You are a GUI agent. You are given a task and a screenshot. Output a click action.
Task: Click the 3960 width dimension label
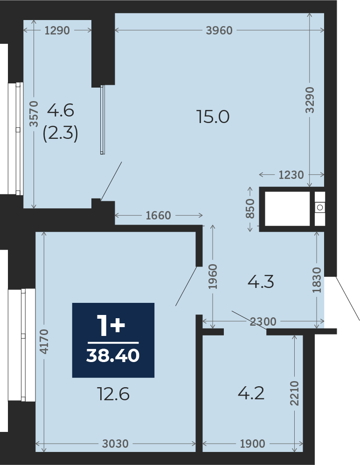[219, 31]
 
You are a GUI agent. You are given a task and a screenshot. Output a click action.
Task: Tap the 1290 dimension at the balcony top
[57, 31]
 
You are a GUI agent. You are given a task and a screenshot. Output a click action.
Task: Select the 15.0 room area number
[213, 117]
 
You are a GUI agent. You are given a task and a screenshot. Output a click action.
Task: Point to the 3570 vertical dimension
[33, 115]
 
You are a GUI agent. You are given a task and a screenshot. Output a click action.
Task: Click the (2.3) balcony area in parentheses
[60, 134]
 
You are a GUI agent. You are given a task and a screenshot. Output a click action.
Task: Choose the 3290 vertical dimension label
[310, 100]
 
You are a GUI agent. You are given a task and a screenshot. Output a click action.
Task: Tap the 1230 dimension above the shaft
[291, 175]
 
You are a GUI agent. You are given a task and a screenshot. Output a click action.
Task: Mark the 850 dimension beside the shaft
[250, 209]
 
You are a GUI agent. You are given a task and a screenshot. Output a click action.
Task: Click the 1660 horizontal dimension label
[159, 215]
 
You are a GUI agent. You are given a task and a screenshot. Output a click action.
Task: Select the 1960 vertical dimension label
[213, 277]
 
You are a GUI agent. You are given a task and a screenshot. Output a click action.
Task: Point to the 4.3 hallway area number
[260, 282]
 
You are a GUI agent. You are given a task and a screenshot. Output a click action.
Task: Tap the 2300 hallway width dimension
[263, 321]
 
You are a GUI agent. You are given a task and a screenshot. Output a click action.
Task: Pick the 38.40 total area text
[113, 356]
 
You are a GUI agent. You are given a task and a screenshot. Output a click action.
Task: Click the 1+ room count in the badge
[111, 325]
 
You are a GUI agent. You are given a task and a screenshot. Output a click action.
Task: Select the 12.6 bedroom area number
[113, 395]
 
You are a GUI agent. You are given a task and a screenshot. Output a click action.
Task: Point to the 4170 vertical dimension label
[43, 342]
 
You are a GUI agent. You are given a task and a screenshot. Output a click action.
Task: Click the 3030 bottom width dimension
[115, 444]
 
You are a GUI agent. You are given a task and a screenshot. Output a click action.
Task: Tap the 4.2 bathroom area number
[251, 393]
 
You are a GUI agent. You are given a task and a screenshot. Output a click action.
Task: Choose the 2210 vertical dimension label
[294, 393]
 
